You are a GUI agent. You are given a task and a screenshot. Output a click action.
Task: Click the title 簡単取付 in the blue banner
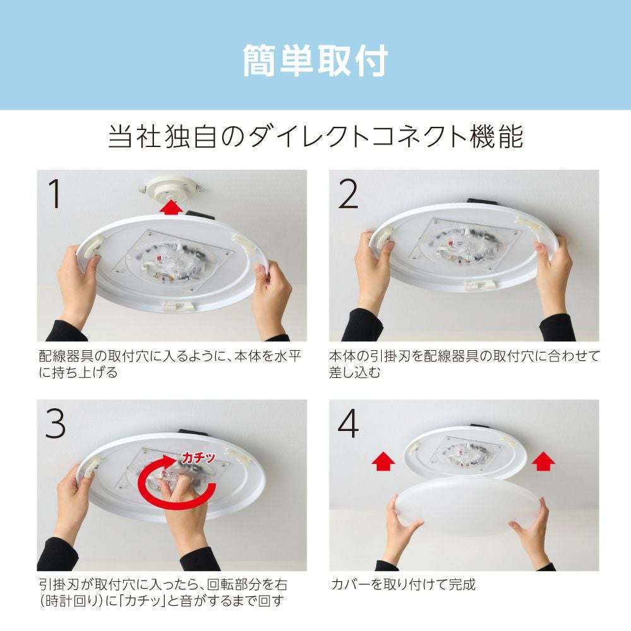[315, 61]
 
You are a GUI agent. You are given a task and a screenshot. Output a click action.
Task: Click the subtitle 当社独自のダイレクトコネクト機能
[316, 137]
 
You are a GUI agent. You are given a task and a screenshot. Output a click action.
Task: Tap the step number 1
[55, 194]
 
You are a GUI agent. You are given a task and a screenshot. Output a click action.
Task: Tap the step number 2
[348, 194]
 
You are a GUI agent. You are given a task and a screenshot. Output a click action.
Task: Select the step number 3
[55, 423]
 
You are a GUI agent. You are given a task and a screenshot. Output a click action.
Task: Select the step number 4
[348, 423]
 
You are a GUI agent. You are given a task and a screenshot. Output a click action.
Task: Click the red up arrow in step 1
[170, 207]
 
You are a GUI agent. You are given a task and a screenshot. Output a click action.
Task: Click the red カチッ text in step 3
[198, 457]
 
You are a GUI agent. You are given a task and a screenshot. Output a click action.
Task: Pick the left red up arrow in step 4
[383, 461]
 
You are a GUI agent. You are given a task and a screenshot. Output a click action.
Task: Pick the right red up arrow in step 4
[543, 461]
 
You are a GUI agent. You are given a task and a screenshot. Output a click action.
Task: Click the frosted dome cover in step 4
[468, 505]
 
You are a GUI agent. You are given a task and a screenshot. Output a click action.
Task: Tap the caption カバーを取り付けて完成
[403, 584]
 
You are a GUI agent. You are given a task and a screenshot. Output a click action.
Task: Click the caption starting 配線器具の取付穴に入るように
[170, 364]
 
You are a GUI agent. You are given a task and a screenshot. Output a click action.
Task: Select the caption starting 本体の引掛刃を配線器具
[464, 364]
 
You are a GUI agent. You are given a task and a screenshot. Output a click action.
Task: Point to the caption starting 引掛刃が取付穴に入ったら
[163, 593]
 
